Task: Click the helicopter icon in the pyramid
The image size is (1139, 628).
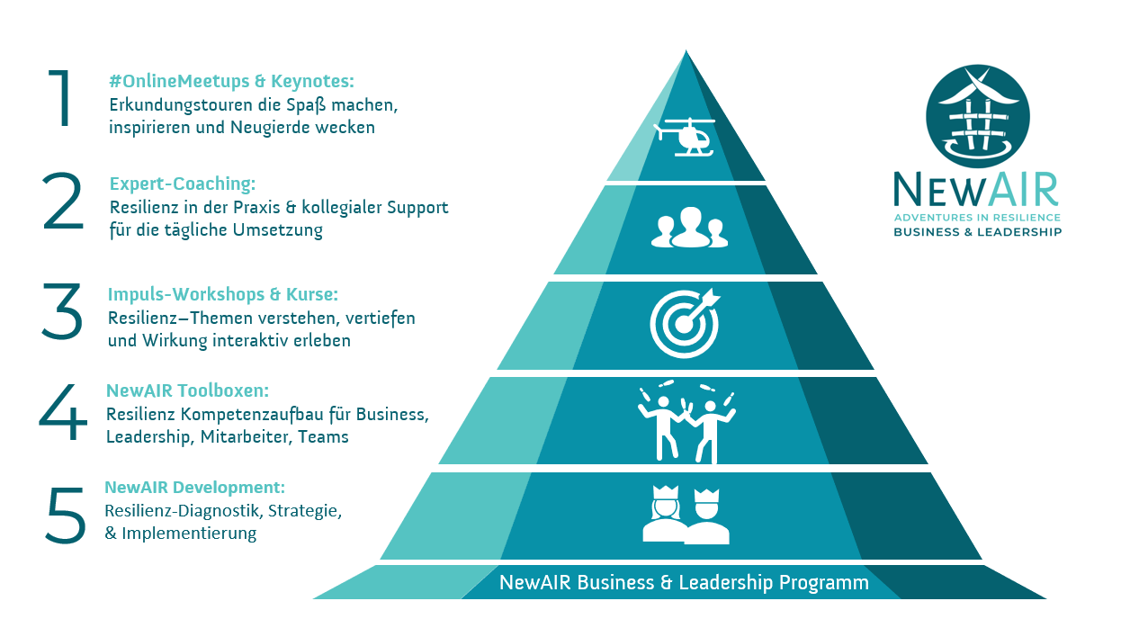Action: (685, 137)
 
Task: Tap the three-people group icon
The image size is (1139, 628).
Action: (688, 228)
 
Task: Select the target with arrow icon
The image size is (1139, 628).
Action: (686, 321)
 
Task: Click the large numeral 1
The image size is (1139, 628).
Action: (61, 98)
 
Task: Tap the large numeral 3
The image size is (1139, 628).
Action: (62, 311)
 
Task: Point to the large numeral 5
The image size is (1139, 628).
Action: (65, 516)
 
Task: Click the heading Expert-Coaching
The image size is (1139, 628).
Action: (183, 184)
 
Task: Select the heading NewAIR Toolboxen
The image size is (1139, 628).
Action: (188, 390)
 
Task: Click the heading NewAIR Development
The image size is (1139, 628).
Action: (195, 488)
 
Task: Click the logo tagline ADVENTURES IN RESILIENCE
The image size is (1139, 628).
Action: (977, 218)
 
